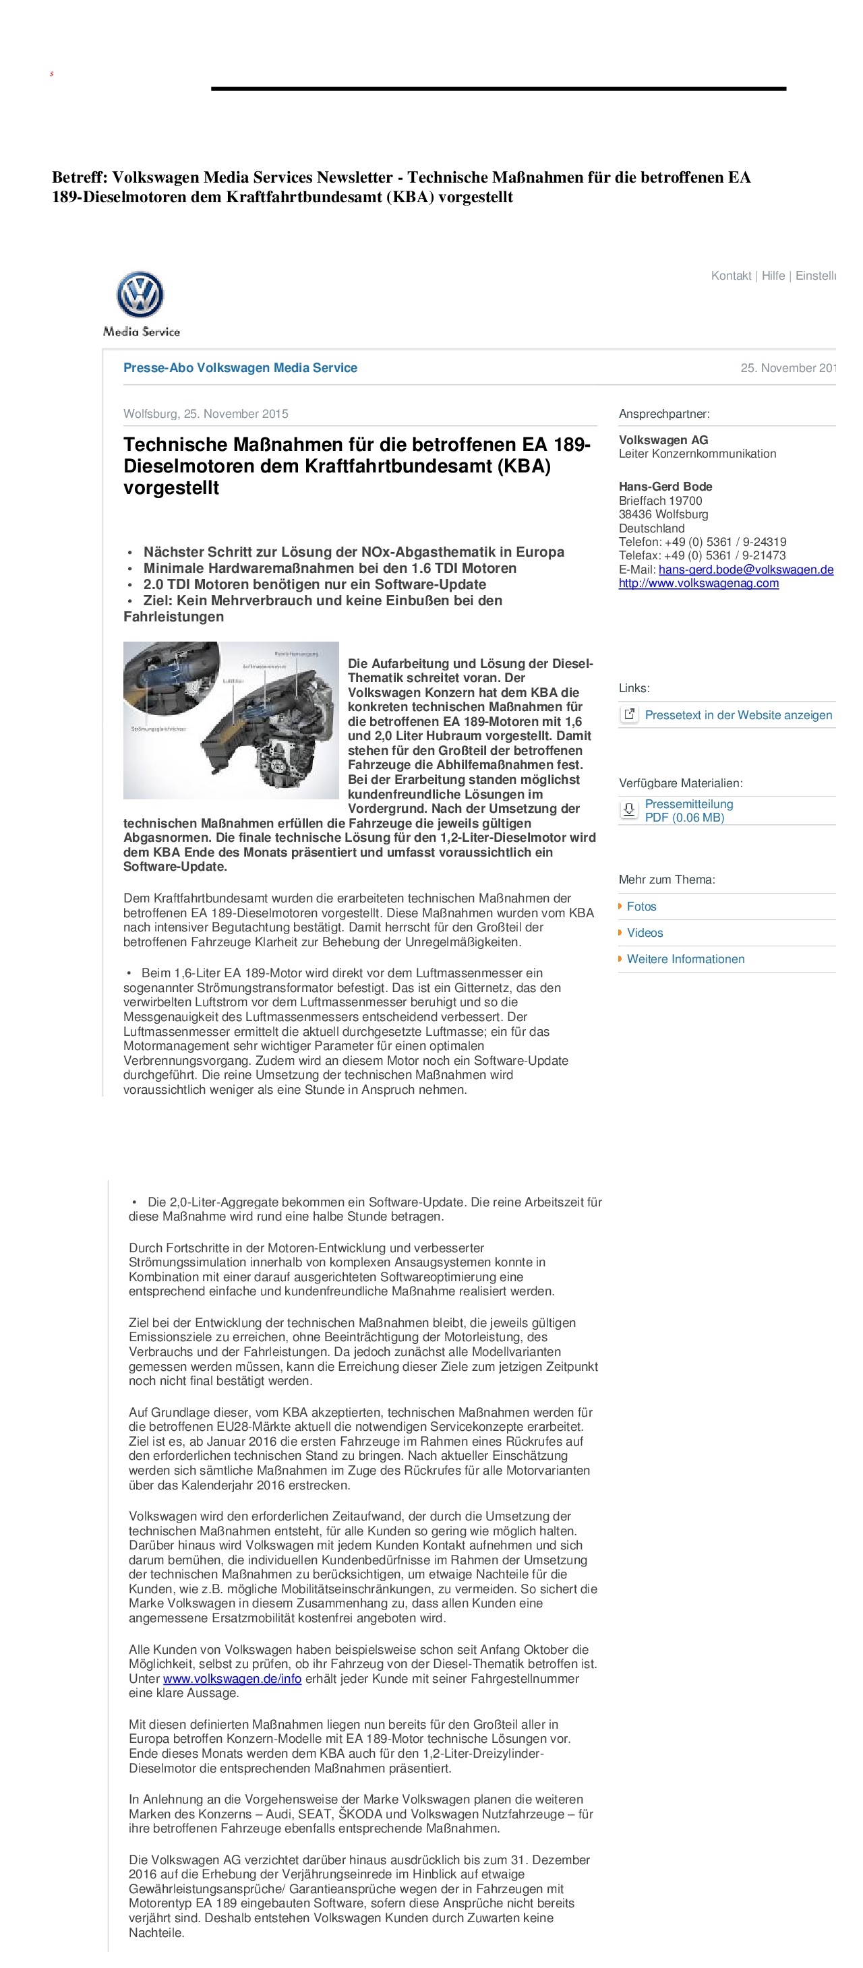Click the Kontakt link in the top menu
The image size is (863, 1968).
point(731,276)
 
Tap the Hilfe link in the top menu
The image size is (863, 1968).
point(773,276)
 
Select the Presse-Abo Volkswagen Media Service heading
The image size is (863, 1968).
point(240,367)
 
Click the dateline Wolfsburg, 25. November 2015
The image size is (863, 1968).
point(206,414)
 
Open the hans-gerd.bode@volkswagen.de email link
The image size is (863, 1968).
point(745,570)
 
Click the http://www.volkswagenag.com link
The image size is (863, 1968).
point(698,584)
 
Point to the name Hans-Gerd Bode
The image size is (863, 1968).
point(665,487)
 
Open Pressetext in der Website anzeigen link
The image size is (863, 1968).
point(738,715)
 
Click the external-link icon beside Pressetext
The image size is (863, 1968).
point(629,714)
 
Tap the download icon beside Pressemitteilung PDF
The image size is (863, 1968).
point(629,810)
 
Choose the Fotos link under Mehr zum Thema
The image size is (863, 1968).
point(641,907)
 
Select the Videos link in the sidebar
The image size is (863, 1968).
point(645,933)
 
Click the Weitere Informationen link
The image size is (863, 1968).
point(685,960)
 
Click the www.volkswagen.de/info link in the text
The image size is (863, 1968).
point(232,1678)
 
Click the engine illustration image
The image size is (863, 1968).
point(231,720)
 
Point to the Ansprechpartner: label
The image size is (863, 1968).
point(663,414)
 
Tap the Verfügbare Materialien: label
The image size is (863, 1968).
point(680,783)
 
